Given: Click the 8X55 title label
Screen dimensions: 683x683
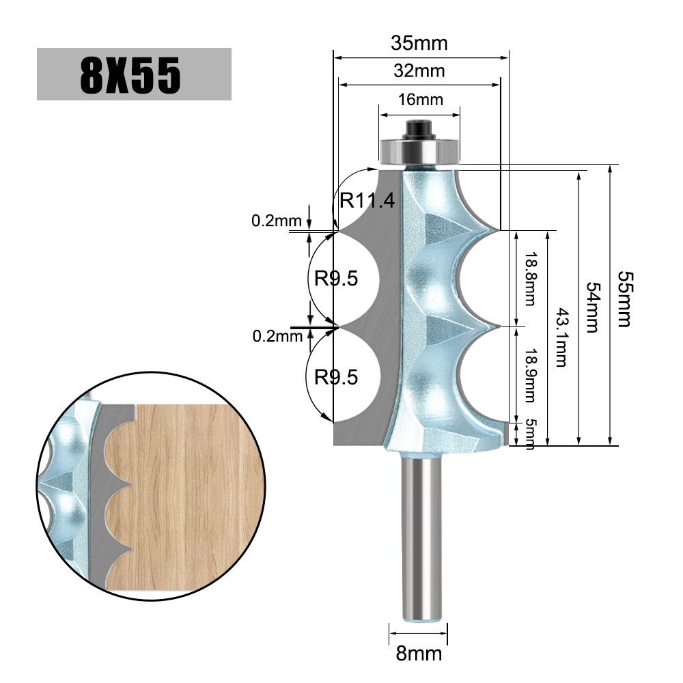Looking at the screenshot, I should point(133,74).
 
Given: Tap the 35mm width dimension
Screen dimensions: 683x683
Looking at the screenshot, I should point(419,44).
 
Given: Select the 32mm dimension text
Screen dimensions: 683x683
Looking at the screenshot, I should point(419,70).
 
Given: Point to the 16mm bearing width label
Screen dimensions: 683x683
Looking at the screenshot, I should point(420,100).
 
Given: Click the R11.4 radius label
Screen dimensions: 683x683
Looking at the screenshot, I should point(367,201).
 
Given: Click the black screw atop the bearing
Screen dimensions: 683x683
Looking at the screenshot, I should point(419,129).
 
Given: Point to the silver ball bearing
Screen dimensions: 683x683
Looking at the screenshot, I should point(419,152).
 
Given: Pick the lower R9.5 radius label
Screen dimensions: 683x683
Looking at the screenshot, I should point(336,376).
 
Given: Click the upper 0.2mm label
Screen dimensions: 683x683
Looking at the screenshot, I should point(277,221).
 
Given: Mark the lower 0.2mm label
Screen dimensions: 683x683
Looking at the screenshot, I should point(277,335).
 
